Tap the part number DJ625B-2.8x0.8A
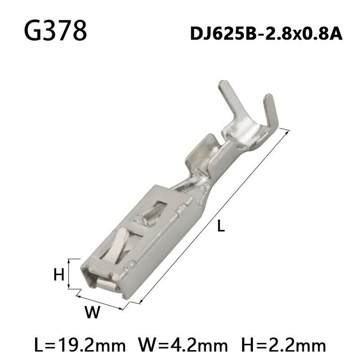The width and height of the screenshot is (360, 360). click(266, 34)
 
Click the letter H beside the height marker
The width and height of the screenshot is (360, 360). click(59, 274)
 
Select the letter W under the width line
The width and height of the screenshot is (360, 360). click(92, 312)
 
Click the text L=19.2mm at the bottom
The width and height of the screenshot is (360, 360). click(80, 346)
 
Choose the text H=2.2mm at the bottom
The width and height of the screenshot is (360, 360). click(283, 346)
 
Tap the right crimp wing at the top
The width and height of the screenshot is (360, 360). click(271, 112)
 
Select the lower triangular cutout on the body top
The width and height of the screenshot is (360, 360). click(119, 245)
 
